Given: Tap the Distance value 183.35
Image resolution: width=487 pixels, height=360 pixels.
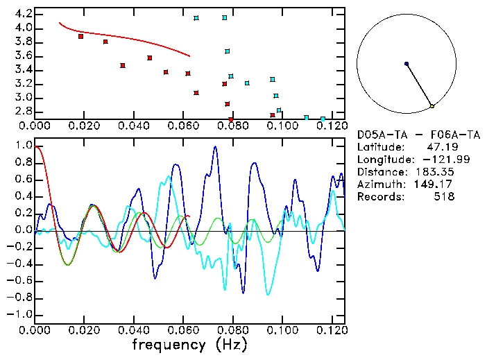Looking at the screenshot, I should click(x=436, y=172).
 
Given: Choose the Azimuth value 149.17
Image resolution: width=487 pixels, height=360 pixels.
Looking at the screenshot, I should click(x=436, y=185).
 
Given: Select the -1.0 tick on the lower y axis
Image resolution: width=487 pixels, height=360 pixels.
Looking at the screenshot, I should click(x=21, y=314).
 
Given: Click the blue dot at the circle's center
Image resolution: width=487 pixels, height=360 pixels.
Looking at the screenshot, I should click(x=407, y=64).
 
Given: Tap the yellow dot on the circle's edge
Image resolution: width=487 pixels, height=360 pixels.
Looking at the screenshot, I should click(x=432, y=106).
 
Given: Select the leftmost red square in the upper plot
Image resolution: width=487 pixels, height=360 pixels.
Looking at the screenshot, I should click(x=81, y=36).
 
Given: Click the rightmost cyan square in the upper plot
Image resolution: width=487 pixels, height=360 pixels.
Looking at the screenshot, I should click(x=323, y=119).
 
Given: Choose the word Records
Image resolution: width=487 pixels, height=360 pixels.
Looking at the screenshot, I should click(x=379, y=197).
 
